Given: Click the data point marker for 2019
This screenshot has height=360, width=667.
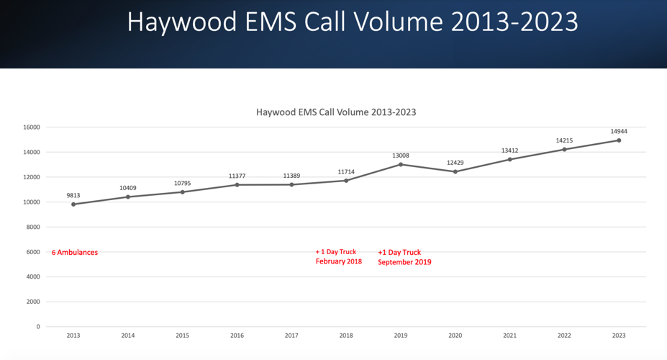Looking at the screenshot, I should pyautogui.click(x=401, y=164).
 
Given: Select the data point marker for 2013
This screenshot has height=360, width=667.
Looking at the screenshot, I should pyautogui.click(x=73, y=204).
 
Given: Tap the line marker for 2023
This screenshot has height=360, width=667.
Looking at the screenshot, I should pyautogui.click(x=619, y=140).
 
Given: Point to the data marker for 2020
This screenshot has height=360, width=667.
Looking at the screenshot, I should pyautogui.click(x=455, y=171).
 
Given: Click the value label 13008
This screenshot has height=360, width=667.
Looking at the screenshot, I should pyautogui.click(x=401, y=155).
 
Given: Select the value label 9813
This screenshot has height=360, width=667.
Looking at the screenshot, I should pyautogui.click(x=73, y=194).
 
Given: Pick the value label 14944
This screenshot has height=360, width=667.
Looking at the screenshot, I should pyautogui.click(x=619, y=131).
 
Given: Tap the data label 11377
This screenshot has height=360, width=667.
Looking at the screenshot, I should pyautogui.click(x=237, y=176).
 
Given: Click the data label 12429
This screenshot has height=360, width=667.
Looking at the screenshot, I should pyautogui.click(x=455, y=162).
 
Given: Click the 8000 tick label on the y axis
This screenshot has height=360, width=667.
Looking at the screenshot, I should pyautogui.click(x=32, y=227).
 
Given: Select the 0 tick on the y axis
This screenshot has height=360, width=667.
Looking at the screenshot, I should pyautogui.click(x=37, y=327).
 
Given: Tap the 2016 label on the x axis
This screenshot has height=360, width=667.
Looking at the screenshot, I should pyautogui.click(x=237, y=336).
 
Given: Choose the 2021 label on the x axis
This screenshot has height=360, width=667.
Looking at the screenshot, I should pyautogui.click(x=509, y=336).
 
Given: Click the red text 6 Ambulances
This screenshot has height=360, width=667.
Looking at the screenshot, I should pyautogui.click(x=75, y=253).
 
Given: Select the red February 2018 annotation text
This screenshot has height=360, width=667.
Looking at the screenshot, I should pyautogui.click(x=338, y=262).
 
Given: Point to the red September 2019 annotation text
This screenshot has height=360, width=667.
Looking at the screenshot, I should pyautogui.click(x=404, y=263).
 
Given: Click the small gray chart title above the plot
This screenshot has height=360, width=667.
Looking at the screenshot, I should pyautogui.click(x=336, y=112).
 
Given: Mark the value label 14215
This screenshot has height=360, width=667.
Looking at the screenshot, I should pyautogui.click(x=564, y=140).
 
